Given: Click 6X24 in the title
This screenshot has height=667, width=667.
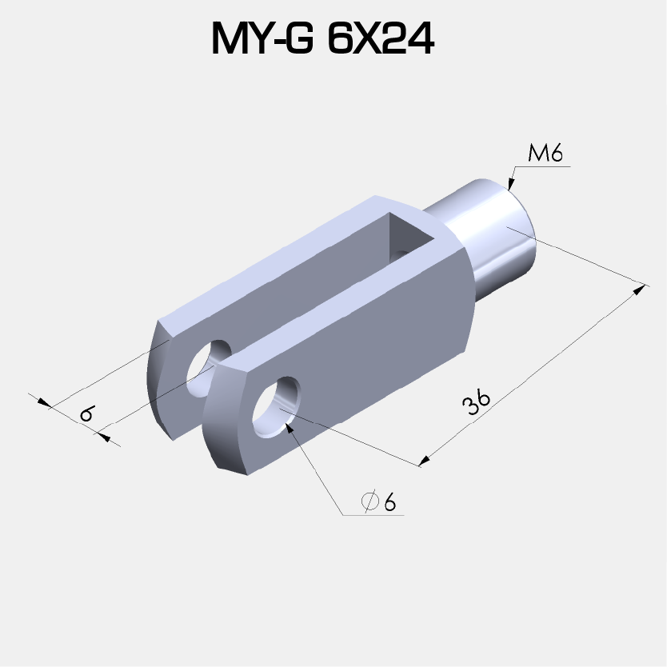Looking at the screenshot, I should pyautogui.click(x=381, y=39).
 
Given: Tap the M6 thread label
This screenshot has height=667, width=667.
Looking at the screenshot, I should pyautogui.click(x=546, y=154).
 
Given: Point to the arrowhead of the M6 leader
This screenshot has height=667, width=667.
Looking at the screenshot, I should pyautogui.click(x=511, y=185).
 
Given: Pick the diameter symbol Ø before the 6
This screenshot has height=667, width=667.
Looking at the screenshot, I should pyautogui.click(x=369, y=502).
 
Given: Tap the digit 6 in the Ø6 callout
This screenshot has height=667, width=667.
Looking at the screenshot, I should pyautogui.click(x=389, y=502).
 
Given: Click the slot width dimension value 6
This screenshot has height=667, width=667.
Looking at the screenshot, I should pyautogui.click(x=86, y=414).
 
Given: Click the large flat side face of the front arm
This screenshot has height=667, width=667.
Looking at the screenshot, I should pyautogui.click(x=376, y=352).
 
